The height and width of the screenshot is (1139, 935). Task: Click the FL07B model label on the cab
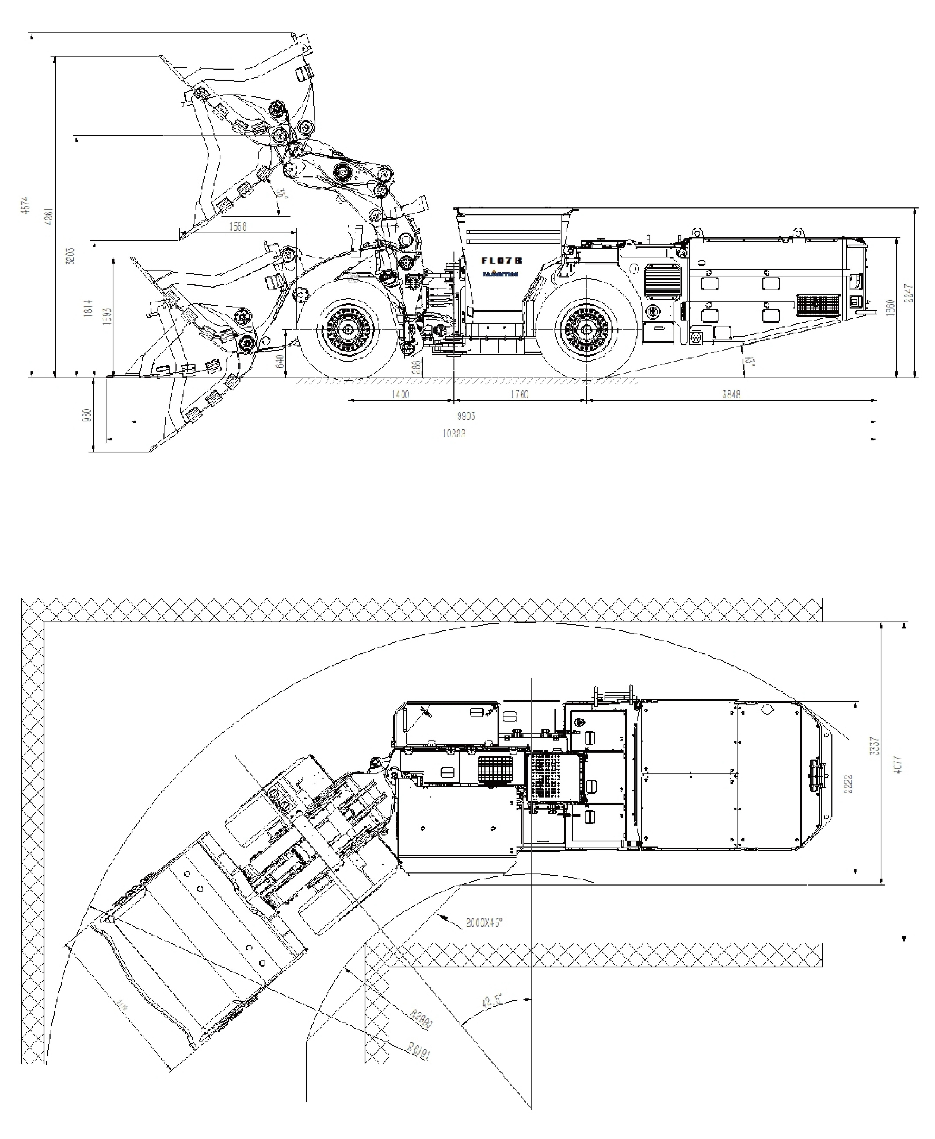501,260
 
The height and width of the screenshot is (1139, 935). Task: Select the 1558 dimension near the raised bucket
238,227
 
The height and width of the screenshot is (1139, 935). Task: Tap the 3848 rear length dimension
731,395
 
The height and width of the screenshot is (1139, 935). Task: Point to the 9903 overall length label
466,416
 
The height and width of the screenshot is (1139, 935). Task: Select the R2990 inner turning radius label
421,1019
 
